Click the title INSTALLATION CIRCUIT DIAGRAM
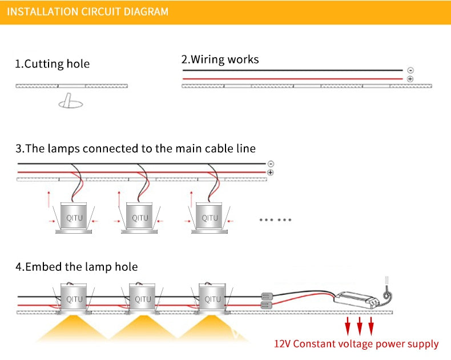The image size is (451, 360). click(88, 11)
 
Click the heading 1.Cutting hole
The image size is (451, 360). click(52, 64)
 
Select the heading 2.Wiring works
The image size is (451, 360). click(220, 59)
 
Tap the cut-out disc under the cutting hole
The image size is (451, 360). click(70, 103)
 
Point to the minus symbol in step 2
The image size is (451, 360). click(410, 70)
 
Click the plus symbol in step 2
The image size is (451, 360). click(410, 79)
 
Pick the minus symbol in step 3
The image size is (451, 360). click(270, 163)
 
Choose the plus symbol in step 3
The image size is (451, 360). click(270, 172)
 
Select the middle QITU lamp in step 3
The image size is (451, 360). click(140, 218)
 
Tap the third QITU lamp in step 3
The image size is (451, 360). click(210, 218)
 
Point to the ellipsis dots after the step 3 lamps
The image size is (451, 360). click(276, 219)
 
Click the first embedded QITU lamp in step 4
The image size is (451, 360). click(74, 299)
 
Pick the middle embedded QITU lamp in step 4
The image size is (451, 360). click(143, 299)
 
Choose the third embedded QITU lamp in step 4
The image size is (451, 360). click(212, 299)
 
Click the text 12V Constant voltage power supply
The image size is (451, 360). click(356, 344)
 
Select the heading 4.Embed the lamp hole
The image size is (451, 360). click(76, 267)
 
